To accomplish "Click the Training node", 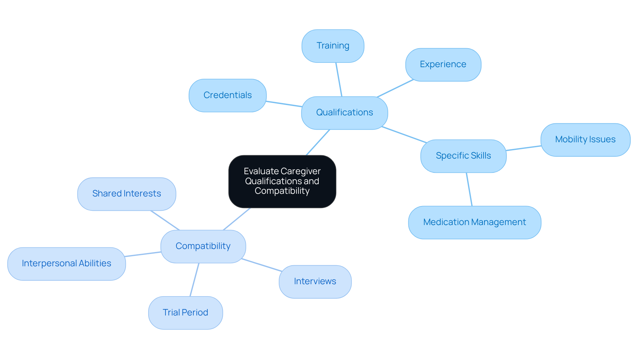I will [333, 46].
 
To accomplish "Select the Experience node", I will [443, 64].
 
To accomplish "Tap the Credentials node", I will [227, 95].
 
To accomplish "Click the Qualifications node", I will [344, 113].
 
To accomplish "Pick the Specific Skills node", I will [463, 156].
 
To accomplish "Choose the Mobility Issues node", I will [585, 140].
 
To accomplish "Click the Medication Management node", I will [474, 222].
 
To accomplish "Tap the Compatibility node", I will [203, 246].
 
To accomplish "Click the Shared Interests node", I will [127, 194].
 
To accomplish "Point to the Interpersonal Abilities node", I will [66, 264].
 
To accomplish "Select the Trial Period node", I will [185, 313].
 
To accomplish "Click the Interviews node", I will [315, 282].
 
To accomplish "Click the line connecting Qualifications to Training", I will [339, 79].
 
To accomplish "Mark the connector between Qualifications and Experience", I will [395, 88].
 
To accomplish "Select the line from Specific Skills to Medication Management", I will [469, 189].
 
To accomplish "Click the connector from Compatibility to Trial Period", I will [194, 280].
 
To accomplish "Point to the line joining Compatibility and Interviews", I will [262, 265].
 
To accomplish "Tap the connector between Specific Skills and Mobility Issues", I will [523, 148].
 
